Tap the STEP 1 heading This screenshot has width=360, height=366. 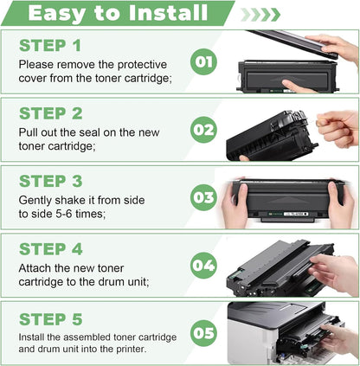tap(52, 44)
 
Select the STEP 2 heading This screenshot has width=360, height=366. tap(52, 112)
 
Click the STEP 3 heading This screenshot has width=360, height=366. tap(52, 181)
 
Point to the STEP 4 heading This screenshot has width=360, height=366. tap(52, 249)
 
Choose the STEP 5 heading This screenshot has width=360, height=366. tap(52, 317)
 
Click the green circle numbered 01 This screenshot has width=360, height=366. tap(203, 62)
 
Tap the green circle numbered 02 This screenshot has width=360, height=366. tap(203, 130)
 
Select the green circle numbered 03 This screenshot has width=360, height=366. tap(203, 198)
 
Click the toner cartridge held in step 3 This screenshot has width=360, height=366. tap(290, 199)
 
